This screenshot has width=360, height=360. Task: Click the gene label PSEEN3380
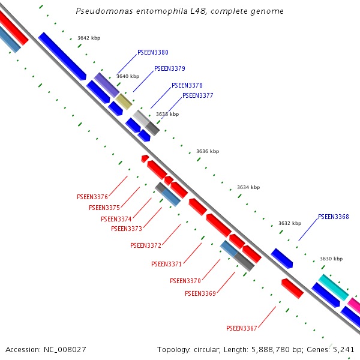(x=152, y=53)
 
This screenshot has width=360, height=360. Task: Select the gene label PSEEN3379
(x=169, y=69)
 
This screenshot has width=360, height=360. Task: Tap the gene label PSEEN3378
(x=187, y=86)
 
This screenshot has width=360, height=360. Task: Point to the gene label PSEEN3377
(x=197, y=95)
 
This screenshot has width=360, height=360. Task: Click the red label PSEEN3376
(x=92, y=197)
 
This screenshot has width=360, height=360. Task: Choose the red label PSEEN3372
(x=145, y=245)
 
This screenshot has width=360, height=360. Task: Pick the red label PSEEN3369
(x=200, y=293)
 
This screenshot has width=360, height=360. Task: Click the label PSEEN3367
(x=241, y=328)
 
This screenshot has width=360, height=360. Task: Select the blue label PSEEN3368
(x=333, y=217)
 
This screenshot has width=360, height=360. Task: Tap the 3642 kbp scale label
(x=89, y=38)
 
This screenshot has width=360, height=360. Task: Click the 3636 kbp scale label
(x=208, y=151)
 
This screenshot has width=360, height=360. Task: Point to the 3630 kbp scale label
(x=331, y=259)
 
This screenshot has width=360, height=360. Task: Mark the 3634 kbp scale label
(x=248, y=187)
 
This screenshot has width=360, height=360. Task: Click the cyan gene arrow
(x=333, y=287)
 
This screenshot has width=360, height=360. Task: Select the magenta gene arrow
(x=355, y=306)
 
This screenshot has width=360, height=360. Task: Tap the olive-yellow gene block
(x=124, y=101)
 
